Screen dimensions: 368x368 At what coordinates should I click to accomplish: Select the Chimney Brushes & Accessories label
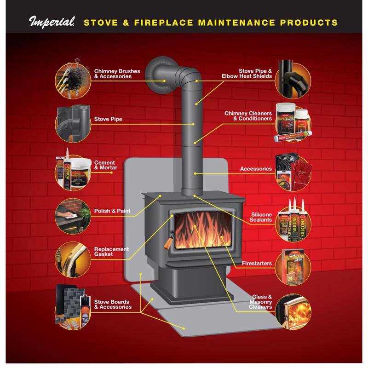coord(113,74)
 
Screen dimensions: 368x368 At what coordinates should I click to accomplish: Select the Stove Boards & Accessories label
coord(113,304)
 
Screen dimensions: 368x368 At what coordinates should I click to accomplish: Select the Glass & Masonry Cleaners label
coord(260,301)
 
